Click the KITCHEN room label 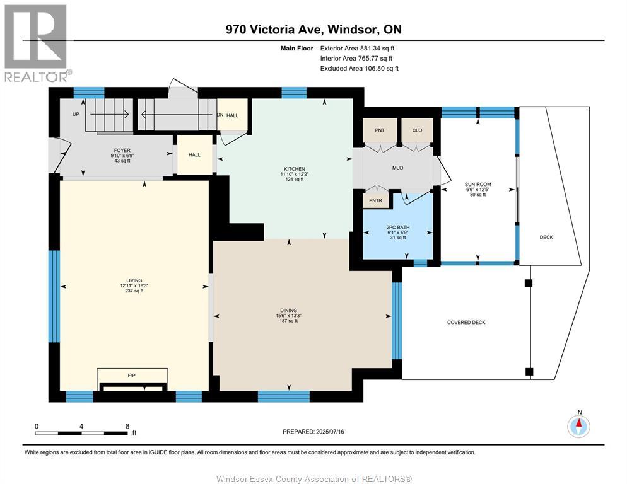[295, 169]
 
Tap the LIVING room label [134, 280]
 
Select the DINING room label [288, 310]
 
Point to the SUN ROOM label [478, 185]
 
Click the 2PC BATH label [398, 228]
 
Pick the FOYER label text [122, 151]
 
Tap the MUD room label [397, 168]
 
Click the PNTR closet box [375, 200]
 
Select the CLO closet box [417, 130]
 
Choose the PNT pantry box [380, 130]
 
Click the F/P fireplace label [132, 376]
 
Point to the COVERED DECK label [466, 322]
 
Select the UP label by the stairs [76, 114]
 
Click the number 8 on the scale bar [127, 426]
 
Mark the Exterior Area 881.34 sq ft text [357, 49]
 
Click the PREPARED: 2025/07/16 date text [313, 432]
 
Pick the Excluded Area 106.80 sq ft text [360, 68]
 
